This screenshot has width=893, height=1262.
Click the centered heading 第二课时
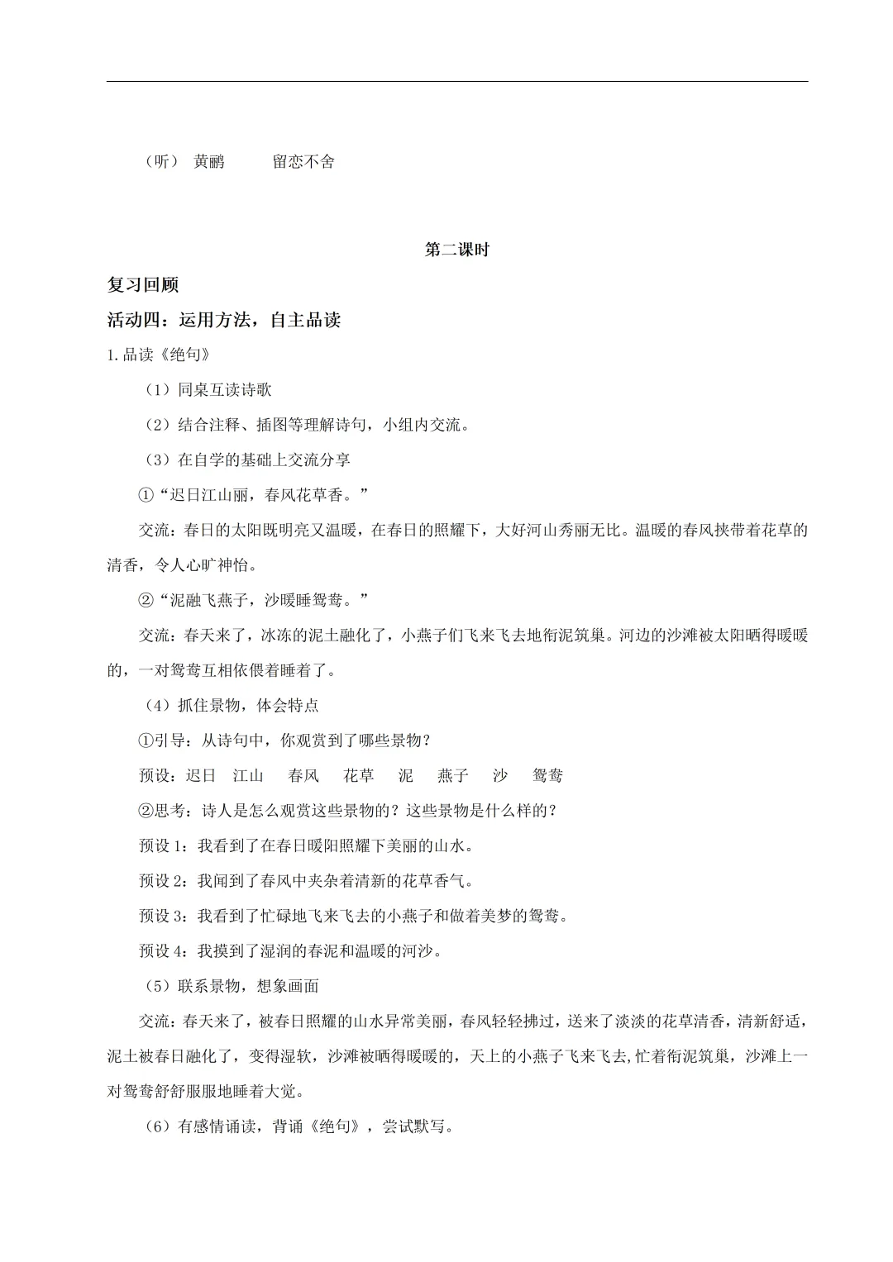click(456, 250)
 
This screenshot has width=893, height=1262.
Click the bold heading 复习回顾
click(143, 285)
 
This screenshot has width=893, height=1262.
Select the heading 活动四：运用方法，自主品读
click(224, 321)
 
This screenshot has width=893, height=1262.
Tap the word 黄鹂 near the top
click(208, 162)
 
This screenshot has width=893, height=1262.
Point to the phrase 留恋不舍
click(303, 162)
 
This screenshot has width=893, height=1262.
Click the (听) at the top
click(161, 162)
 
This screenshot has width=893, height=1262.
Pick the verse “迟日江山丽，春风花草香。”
click(253, 495)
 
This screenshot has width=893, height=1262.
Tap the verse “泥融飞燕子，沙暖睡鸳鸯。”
click(253, 600)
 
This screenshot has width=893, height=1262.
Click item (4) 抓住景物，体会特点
click(231, 705)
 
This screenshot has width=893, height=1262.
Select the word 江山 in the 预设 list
click(248, 775)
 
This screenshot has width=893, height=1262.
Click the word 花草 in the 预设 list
click(359, 775)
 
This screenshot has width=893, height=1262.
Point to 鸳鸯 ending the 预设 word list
click(547, 775)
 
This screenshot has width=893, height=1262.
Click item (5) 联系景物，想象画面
click(231, 986)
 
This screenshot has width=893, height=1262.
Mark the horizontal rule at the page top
click(457, 81)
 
